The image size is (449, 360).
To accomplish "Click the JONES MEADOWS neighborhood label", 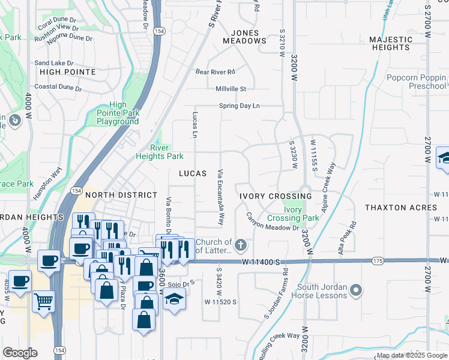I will (x=244, y=37).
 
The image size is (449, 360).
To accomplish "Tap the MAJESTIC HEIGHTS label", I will (x=391, y=43).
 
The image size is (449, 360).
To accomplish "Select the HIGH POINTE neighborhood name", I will (x=67, y=72).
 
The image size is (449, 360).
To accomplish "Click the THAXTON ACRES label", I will (x=401, y=208).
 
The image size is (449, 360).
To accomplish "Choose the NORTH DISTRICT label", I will (x=121, y=195).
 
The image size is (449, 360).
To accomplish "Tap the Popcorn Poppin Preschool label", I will (x=416, y=82).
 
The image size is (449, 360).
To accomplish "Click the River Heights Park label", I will (x=158, y=152).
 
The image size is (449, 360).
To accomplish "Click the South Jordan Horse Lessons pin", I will (x=356, y=291).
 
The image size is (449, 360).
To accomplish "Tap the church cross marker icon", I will (x=241, y=244).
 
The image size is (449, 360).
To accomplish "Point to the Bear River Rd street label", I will (x=215, y=72).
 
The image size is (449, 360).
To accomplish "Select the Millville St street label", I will (x=231, y=89).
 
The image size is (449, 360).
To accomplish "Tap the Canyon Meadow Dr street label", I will (x=273, y=223).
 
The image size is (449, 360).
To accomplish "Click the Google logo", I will (x=20, y=353).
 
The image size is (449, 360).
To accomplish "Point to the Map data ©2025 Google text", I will (x=412, y=355).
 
